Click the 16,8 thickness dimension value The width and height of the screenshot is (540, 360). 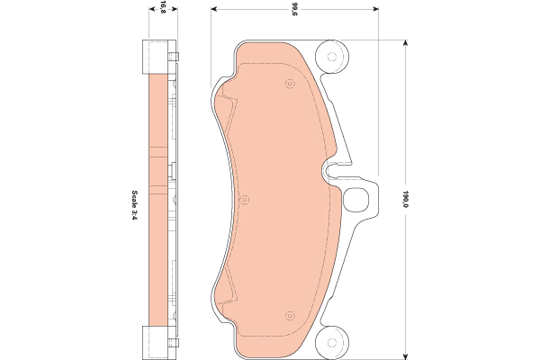click(163, 6)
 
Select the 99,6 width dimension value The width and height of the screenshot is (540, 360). click(294, 10)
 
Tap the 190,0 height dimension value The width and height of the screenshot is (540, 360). click(405, 199)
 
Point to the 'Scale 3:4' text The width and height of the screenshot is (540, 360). click(134, 205)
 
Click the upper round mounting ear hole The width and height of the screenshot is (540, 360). click(332, 57)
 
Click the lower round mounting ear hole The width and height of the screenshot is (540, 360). click(332, 342)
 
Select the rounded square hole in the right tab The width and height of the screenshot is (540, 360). click(356, 200)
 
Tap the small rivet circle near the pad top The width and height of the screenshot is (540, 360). click(291, 84)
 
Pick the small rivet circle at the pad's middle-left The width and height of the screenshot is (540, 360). click(245, 200)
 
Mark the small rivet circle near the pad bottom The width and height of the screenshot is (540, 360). click(290, 315)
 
